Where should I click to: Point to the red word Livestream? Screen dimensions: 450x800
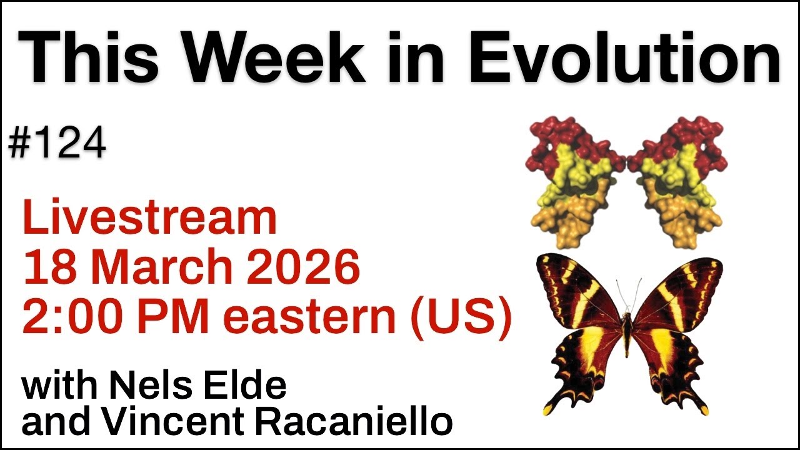point(149,218)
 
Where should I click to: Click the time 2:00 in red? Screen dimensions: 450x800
point(62,316)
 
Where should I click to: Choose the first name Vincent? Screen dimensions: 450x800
point(177,422)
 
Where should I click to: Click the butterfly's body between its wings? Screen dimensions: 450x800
point(627,331)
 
